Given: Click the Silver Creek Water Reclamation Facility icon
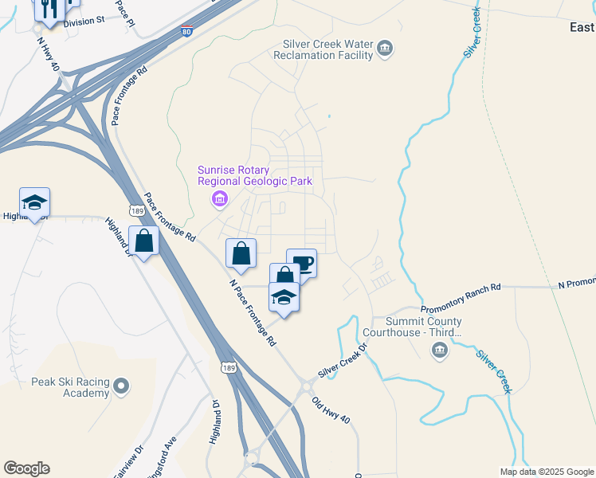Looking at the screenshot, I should pos(385,49).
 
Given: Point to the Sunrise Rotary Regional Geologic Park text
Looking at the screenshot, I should pos(255,176).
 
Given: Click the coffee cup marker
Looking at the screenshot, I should pos(302,264).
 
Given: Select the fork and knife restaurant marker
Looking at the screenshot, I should pos(49,8).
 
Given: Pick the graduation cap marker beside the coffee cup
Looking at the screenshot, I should pos(284,297).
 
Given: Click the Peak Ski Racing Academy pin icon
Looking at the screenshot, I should pos(121,387).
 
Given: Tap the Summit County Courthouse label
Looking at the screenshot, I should pos(412,327).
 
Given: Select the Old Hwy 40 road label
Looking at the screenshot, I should pos(330,410).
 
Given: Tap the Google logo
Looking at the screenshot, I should pos(26,468).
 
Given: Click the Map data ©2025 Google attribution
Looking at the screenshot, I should pos(546,472).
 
